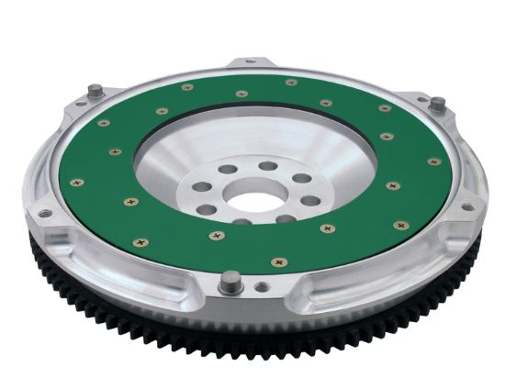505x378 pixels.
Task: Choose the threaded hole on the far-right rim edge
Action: click(x=467, y=206)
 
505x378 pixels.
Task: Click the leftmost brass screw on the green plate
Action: click(x=74, y=182)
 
